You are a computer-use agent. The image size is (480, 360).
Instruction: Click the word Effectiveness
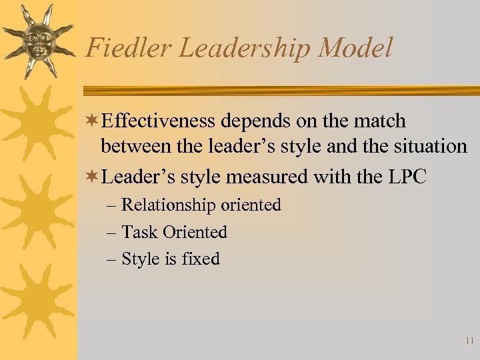tap(160, 121)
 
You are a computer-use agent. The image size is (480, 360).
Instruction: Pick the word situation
tap(427, 147)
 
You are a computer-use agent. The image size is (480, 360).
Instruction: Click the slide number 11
tap(469, 341)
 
